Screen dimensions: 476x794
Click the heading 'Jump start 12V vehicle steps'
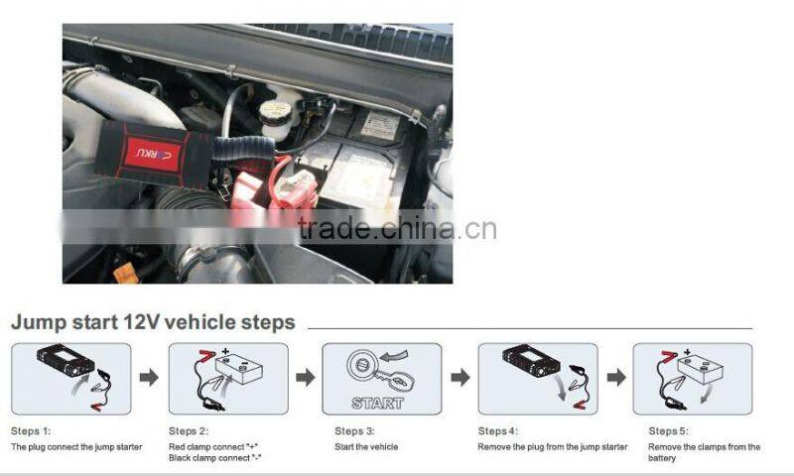coord(153,322)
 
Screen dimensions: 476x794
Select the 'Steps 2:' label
coord(189,431)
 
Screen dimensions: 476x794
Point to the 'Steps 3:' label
coord(354,431)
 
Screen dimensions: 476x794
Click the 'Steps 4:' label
coord(498,431)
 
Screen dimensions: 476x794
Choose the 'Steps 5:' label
coord(668,431)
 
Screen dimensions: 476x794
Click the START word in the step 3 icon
coord(377,404)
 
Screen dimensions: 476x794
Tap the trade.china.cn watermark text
coord(397,229)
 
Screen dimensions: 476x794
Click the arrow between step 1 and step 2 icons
coord(149,378)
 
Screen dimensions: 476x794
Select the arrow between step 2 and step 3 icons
coord(306,378)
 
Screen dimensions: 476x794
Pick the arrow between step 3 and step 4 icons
coord(460,378)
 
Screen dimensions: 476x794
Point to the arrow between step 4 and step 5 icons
coord(616,378)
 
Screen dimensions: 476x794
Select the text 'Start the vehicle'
coord(366,447)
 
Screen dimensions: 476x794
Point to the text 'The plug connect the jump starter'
coord(76,447)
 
